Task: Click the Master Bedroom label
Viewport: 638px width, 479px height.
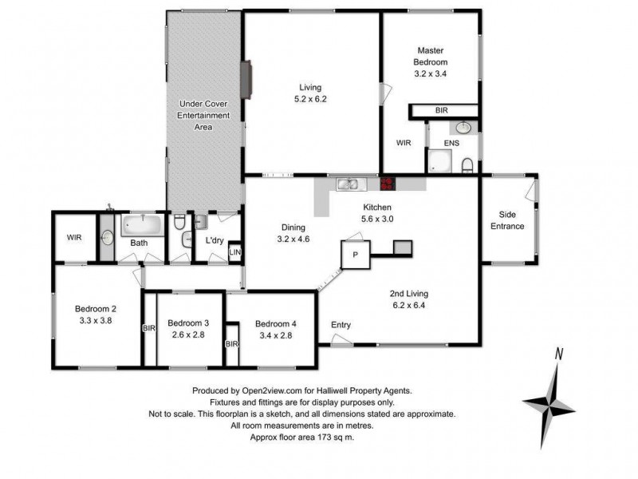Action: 431,61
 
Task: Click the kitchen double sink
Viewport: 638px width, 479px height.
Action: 349,185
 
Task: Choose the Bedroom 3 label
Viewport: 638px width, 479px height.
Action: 188,328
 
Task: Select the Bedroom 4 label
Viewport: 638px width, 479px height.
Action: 276,329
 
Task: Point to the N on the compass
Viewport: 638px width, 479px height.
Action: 560,354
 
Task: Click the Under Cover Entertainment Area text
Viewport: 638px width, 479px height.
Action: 203,115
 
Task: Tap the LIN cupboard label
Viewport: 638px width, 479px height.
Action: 234,253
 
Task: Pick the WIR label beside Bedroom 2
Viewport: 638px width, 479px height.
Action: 74,237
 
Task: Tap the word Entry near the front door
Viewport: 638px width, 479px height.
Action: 341,325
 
